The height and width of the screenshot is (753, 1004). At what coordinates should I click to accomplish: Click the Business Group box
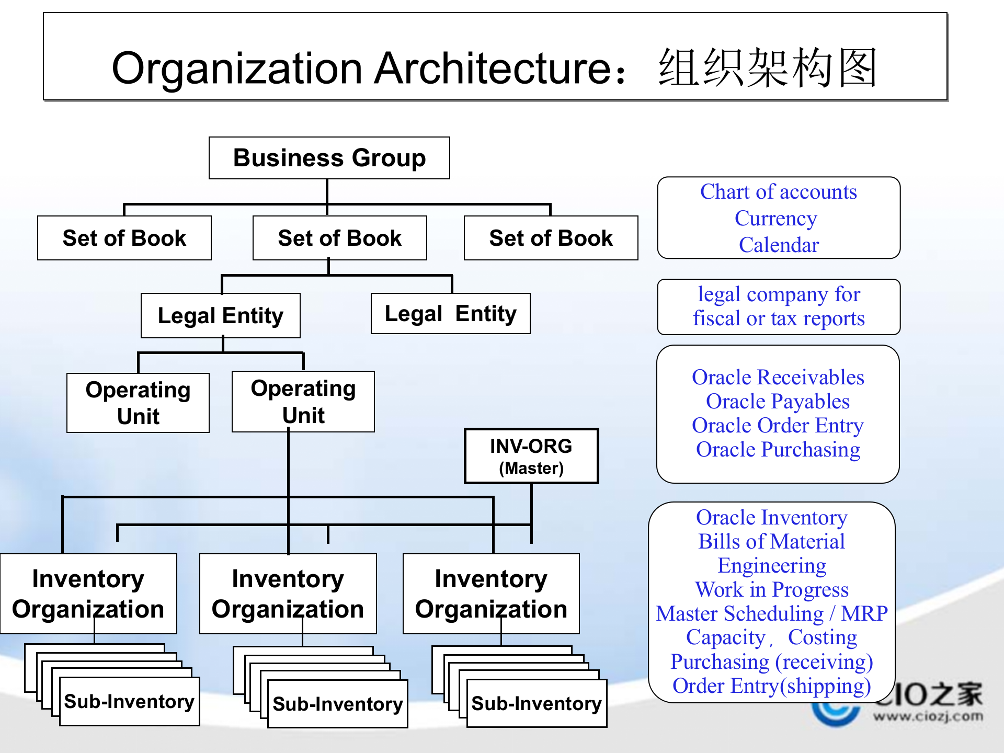(x=329, y=158)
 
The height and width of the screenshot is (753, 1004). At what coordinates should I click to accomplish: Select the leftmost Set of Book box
(x=124, y=238)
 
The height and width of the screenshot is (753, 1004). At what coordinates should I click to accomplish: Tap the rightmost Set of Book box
(x=551, y=238)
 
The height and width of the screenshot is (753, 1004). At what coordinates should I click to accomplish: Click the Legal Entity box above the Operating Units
(x=220, y=315)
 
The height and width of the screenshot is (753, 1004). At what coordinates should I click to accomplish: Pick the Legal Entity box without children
(x=450, y=313)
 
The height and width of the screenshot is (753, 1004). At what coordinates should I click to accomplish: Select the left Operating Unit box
(x=138, y=403)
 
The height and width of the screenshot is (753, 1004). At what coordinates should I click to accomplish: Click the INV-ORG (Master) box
(x=531, y=456)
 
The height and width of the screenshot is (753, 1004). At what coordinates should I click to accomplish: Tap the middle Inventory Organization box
(x=288, y=594)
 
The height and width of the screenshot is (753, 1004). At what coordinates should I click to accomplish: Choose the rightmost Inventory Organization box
(x=490, y=594)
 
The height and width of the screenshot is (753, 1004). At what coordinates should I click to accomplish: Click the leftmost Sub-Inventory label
(x=129, y=701)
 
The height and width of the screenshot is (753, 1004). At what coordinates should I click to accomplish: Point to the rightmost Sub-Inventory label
(x=537, y=703)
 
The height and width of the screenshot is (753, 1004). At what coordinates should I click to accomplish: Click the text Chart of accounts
(x=778, y=192)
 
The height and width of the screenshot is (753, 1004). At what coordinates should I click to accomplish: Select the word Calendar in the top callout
(x=778, y=245)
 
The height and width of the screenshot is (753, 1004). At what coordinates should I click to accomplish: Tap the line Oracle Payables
(x=778, y=402)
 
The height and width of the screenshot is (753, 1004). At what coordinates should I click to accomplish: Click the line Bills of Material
(x=771, y=542)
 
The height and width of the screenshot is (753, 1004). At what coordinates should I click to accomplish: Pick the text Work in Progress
(x=771, y=590)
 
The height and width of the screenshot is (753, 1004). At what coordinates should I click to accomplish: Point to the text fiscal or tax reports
(x=778, y=318)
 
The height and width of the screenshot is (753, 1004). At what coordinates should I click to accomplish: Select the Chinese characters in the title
(x=767, y=68)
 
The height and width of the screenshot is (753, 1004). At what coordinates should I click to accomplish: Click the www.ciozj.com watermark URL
(x=928, y=716)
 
